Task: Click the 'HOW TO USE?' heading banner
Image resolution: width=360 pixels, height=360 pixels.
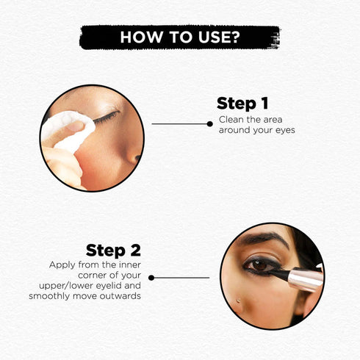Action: click(180, 37)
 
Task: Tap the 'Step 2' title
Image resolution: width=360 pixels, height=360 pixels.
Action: click(113, 250)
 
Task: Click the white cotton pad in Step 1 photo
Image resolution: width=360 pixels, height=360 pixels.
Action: click(67, 131)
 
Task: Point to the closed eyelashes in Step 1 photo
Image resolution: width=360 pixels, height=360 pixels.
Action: click(107, 115)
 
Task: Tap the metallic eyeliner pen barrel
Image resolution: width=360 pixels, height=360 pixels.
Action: click(305, 279)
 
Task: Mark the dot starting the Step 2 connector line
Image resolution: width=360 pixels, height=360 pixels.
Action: click(151, 278)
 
